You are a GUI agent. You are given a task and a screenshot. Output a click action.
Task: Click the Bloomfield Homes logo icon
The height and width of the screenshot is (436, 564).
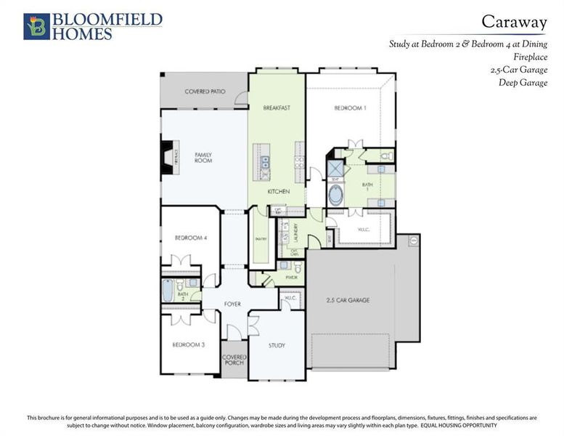[x=36, y=26]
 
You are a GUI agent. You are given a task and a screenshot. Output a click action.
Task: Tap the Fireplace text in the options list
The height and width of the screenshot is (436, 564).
[x=529, y=57]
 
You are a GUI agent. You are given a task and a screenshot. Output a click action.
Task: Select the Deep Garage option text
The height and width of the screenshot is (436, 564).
[x=523, y=82]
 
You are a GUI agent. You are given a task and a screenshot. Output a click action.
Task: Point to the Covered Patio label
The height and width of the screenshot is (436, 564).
[x=205, y=92]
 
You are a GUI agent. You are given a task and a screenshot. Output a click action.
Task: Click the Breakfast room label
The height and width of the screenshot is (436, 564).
[x=276, y=108]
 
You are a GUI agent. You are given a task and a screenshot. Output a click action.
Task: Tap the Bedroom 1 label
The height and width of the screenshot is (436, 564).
[x=350, y=108]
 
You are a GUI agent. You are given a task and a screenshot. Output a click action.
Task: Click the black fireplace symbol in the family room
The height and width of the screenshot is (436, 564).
[x=166, y=157]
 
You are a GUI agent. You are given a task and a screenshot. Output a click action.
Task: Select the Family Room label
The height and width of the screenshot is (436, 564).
[x=203, y=157]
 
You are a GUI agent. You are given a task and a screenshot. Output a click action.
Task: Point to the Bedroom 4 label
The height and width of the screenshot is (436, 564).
[x=191, y=238]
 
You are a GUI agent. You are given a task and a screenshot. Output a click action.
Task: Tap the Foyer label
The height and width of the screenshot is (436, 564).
[x=232, y=304]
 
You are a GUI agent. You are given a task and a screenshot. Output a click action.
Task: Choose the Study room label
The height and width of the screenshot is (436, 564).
[x=277, y=346]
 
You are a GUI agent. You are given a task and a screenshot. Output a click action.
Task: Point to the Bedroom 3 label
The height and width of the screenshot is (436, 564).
[x=188, y=344]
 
